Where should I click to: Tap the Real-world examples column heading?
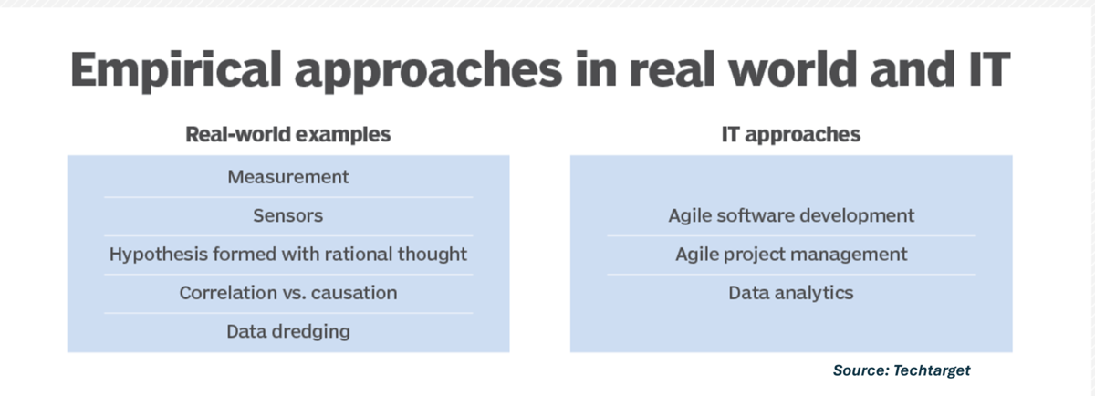coord(287,134)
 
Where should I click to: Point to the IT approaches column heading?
coord(790,134)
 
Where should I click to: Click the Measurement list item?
coord(287,177)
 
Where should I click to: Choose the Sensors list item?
coord(287,216)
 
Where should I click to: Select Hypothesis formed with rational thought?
coord(287,254)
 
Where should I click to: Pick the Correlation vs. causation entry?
coord(287,293)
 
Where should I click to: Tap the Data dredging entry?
coord(287,331)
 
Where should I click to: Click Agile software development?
coord(790,216)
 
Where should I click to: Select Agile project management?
coord(790,254)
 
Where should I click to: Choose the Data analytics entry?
coord(790,293)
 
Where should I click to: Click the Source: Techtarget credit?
coord(901,370)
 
